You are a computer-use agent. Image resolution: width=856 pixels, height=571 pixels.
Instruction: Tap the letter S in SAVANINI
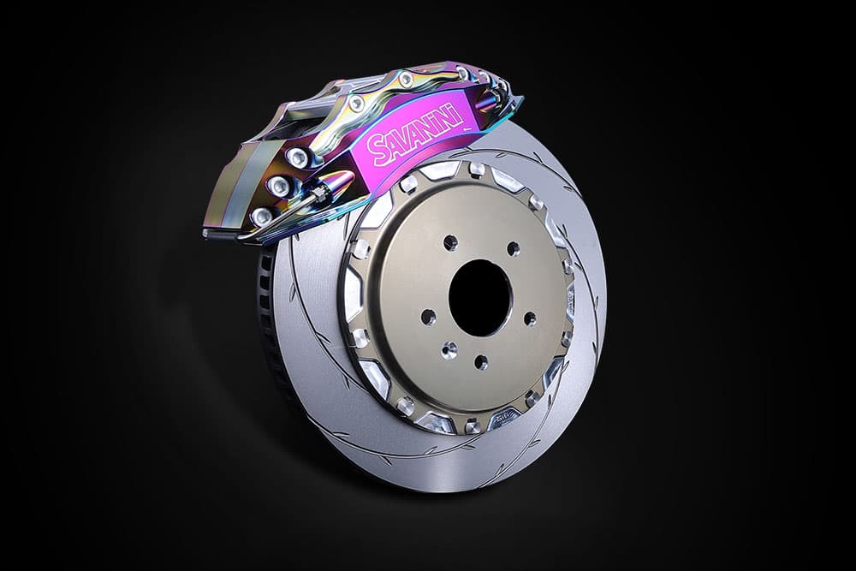tap(376, 152)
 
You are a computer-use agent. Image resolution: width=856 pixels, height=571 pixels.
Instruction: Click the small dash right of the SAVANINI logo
tap(467, 129)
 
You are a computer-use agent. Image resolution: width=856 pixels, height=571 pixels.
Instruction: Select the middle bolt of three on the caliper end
tap(278, 185)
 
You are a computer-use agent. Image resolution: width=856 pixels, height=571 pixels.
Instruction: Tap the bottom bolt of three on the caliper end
tap(262, 216)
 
